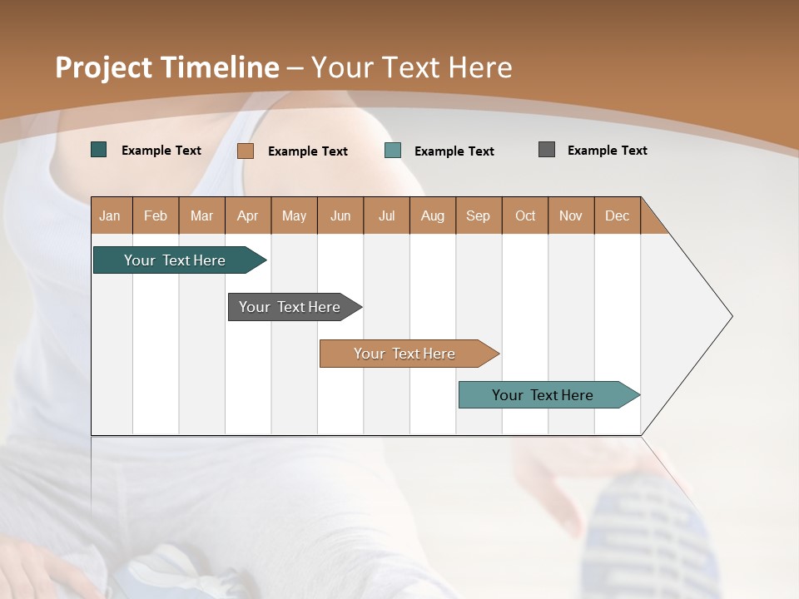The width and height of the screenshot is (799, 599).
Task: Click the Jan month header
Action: point(110,215)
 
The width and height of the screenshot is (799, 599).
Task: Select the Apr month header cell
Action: point(247,215)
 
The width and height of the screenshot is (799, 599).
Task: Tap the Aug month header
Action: point(432,215)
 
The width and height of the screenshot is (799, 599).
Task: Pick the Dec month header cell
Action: point(617,215)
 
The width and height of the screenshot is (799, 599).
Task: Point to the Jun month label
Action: point(340,215)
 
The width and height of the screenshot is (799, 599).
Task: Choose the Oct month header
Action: point(524,215)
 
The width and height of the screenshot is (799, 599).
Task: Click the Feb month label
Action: point(156,215)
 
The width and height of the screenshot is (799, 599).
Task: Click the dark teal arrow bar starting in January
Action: point(175,260)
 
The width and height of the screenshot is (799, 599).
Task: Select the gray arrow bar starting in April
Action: point(290,307)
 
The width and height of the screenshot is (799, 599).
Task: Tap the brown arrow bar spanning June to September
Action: point(404,354)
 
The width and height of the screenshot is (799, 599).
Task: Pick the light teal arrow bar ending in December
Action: point(543,395)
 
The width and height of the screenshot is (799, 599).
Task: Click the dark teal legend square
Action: point(99,150)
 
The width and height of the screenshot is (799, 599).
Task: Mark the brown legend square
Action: point(246,151)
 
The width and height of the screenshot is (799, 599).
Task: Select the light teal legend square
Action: point(393,151)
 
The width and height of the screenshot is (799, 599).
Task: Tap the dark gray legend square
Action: point(547,150)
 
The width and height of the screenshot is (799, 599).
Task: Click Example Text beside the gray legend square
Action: point(607,151)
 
